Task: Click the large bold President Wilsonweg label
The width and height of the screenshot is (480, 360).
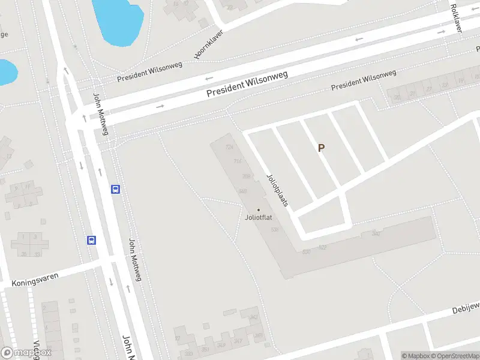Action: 247,84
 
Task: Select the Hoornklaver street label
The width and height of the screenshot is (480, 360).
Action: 208,44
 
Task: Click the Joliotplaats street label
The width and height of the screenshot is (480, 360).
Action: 278,190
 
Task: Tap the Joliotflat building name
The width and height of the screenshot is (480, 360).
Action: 259,217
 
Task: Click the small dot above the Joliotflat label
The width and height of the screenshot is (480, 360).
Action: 259,209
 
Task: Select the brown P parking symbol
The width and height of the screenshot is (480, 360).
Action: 321,148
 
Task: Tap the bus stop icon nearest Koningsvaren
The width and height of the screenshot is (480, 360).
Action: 92,240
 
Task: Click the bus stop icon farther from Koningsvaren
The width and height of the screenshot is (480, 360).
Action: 115,190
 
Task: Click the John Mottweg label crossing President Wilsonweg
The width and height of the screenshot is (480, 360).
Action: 100,114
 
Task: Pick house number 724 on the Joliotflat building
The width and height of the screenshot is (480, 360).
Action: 229,147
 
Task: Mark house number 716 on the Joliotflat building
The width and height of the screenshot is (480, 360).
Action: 237,161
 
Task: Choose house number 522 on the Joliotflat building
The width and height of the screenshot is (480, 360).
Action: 322,247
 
